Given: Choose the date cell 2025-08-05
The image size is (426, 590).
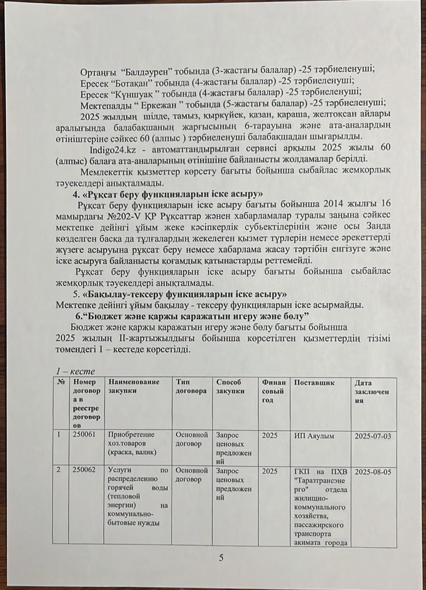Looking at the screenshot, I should coord(373,472).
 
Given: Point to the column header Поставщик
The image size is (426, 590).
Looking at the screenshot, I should coord(314,383).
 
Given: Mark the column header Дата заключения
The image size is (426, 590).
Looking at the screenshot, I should coord(372,391).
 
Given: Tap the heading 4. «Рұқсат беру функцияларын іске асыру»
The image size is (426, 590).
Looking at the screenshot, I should coord(165,193).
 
